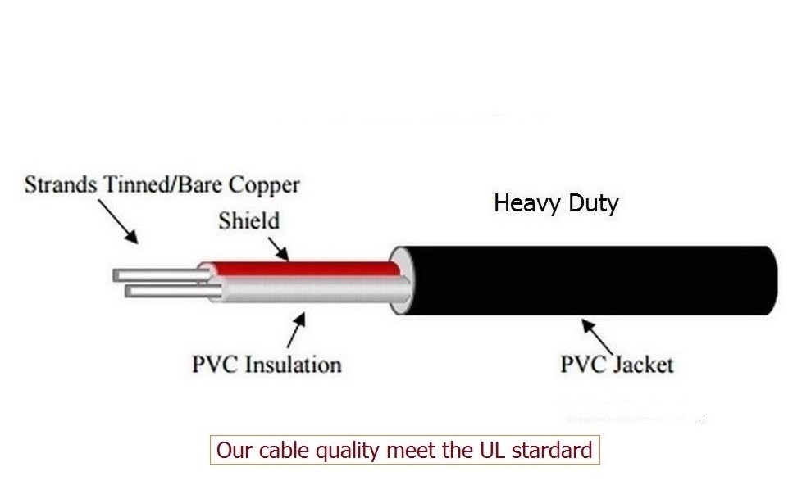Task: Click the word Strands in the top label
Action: click(61, 184)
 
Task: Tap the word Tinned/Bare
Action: click(162, 184)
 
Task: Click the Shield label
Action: click(248, 220)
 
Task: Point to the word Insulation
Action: click(294, 364)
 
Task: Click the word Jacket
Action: click(644, 365)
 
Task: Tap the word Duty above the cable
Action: click(593, 203)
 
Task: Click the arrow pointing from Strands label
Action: click(118, 221)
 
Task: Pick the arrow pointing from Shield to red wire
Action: click(278, 249)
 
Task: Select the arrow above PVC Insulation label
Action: click(296, 330)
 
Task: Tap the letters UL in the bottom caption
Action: click(493, 450)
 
